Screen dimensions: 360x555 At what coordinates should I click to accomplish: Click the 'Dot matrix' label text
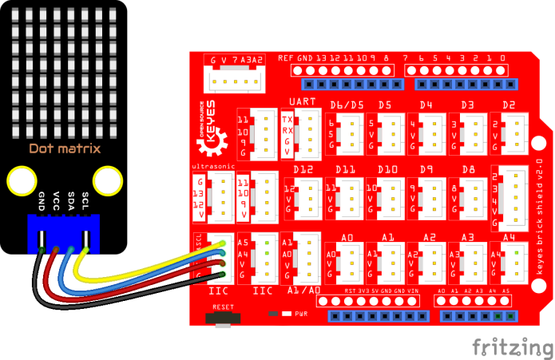[x=65, y=148]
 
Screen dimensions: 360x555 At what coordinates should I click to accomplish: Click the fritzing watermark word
[x=511, y=346]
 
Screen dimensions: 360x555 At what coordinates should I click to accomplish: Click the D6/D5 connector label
[x=347, y=105]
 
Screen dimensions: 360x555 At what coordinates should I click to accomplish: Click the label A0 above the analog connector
[x=347, y=237]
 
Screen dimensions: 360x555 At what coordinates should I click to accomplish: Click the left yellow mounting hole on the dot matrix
[x=21, y=182]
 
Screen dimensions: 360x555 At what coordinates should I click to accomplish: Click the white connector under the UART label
[x=308, y=131]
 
